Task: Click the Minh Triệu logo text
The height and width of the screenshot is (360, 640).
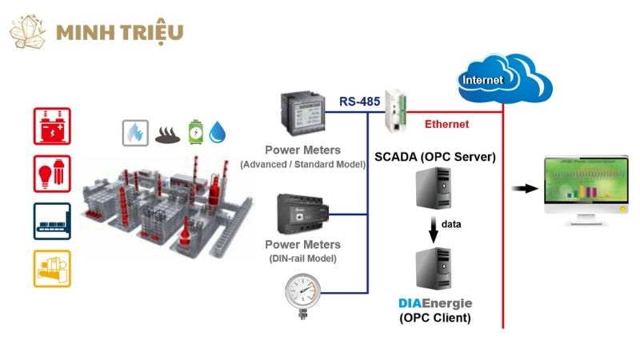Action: click(x=120, y=32)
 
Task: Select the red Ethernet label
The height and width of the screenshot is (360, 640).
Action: click(x=446, y=124)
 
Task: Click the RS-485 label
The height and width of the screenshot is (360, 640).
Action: click(x=360, y=102)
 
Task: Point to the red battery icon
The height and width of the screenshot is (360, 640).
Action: click(x=52, y=126)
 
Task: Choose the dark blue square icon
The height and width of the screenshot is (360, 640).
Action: click(x=52, y=221)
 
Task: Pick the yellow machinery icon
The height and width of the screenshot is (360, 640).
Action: click(x=52, y=269)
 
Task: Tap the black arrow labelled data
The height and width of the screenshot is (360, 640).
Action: click(x=433, y=228)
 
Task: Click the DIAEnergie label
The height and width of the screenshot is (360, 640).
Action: click(x=435, y=303)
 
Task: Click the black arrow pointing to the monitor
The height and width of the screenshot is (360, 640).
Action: click(x=524, y=188)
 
